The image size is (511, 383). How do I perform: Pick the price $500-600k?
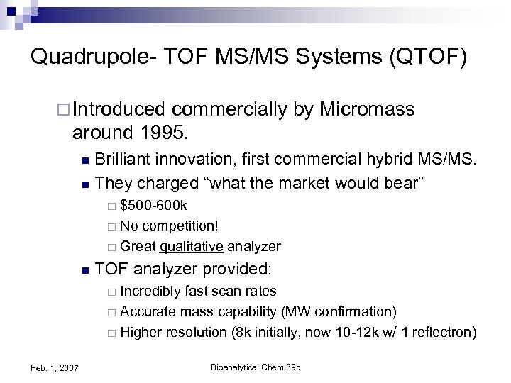click(x=154, y=206)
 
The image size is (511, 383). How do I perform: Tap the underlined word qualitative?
click(x=192, y=247)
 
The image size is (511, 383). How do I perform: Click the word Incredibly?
click(x=150, y=292)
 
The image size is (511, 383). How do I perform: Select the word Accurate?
click(x=146, y=312)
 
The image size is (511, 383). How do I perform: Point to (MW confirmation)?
click(x=339, y=312)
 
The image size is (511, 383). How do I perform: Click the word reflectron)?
click(x=441, y=333)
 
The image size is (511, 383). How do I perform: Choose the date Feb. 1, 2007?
click(x=55, y=367)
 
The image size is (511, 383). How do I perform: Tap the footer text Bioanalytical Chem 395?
click(x=256, y=366)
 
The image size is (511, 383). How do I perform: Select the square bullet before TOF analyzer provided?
click(x=85, y=270)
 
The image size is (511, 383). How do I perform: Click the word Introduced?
click(x=119, y=110)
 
